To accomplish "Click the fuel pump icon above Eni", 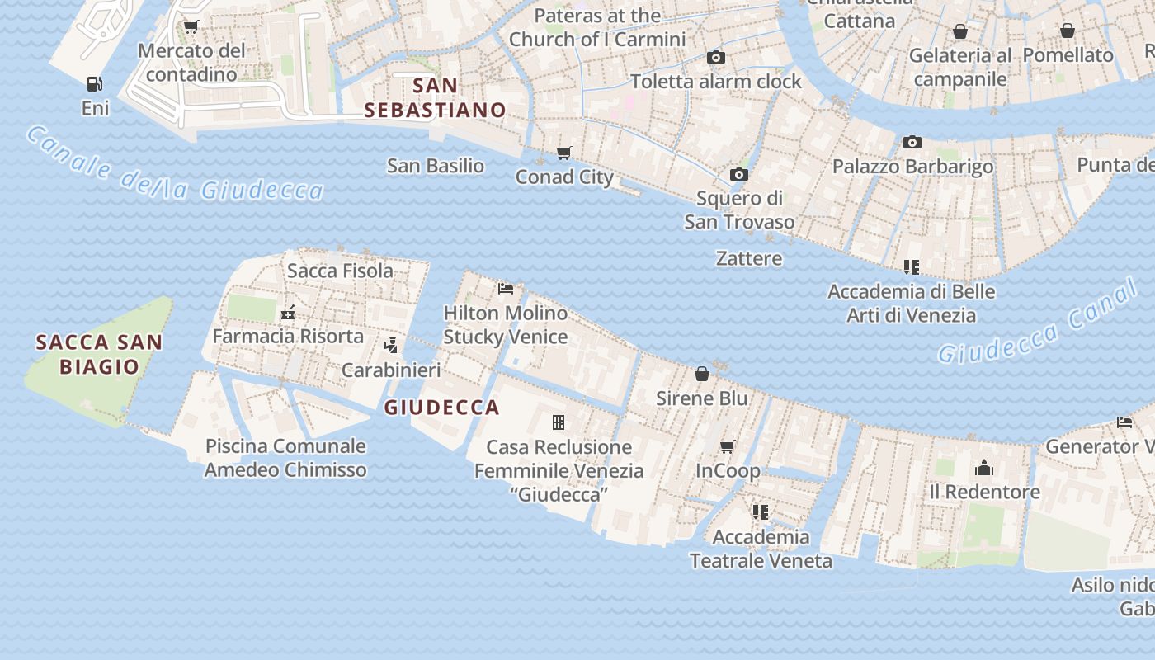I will click(95, 84).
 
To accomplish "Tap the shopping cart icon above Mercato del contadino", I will click(191, 26).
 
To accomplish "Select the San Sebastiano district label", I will click(435, 97).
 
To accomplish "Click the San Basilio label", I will click(436, 166).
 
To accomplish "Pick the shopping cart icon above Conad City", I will click(564, 153).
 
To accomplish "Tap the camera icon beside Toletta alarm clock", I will click(716, 57).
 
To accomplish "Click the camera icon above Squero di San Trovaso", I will click(739, 174).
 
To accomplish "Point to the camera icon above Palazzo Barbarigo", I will click(912, 142).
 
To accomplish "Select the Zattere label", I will click(749, 258).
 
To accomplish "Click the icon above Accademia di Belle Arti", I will click(912, 266).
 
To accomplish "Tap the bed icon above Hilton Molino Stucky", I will click(506, 289).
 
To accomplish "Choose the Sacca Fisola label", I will click(340, 271).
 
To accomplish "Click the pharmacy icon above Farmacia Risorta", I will click(288, 313).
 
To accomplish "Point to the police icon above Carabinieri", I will click(391, 346).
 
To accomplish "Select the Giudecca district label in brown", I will click(442, 407).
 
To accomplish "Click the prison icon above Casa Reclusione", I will click(559, 422).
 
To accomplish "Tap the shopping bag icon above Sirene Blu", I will click(702, 374).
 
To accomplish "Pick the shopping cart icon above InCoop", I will click(728, 446).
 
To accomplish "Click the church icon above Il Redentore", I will click(983, 469).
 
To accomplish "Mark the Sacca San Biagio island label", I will click(99, 354).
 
